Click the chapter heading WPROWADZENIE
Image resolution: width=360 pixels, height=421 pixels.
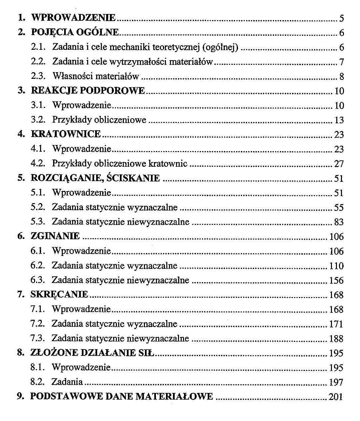point(73,18)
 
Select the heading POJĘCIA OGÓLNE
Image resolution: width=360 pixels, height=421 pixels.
point(75,32)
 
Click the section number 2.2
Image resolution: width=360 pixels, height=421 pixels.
point(38,62)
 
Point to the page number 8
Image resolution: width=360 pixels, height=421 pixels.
point(341,77)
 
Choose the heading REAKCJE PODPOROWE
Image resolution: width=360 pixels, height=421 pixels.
point(88,91)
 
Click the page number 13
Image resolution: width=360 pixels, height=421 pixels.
point(339,120)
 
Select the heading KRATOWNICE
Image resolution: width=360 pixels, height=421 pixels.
point(66,134)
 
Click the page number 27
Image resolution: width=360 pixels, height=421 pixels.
point(339,164)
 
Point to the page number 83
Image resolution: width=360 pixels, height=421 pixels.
point(339,222)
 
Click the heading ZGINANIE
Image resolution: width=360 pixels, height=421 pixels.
point(55,236)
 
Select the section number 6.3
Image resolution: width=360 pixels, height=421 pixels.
point(37,280)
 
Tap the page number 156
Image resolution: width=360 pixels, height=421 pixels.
point(336,280)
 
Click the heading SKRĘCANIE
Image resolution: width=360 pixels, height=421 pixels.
point(59,294)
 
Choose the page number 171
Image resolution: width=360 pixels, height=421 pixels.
point(336,324)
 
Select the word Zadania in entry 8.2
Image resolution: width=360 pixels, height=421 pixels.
point(67,382)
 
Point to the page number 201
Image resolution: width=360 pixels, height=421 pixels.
point(336,397)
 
